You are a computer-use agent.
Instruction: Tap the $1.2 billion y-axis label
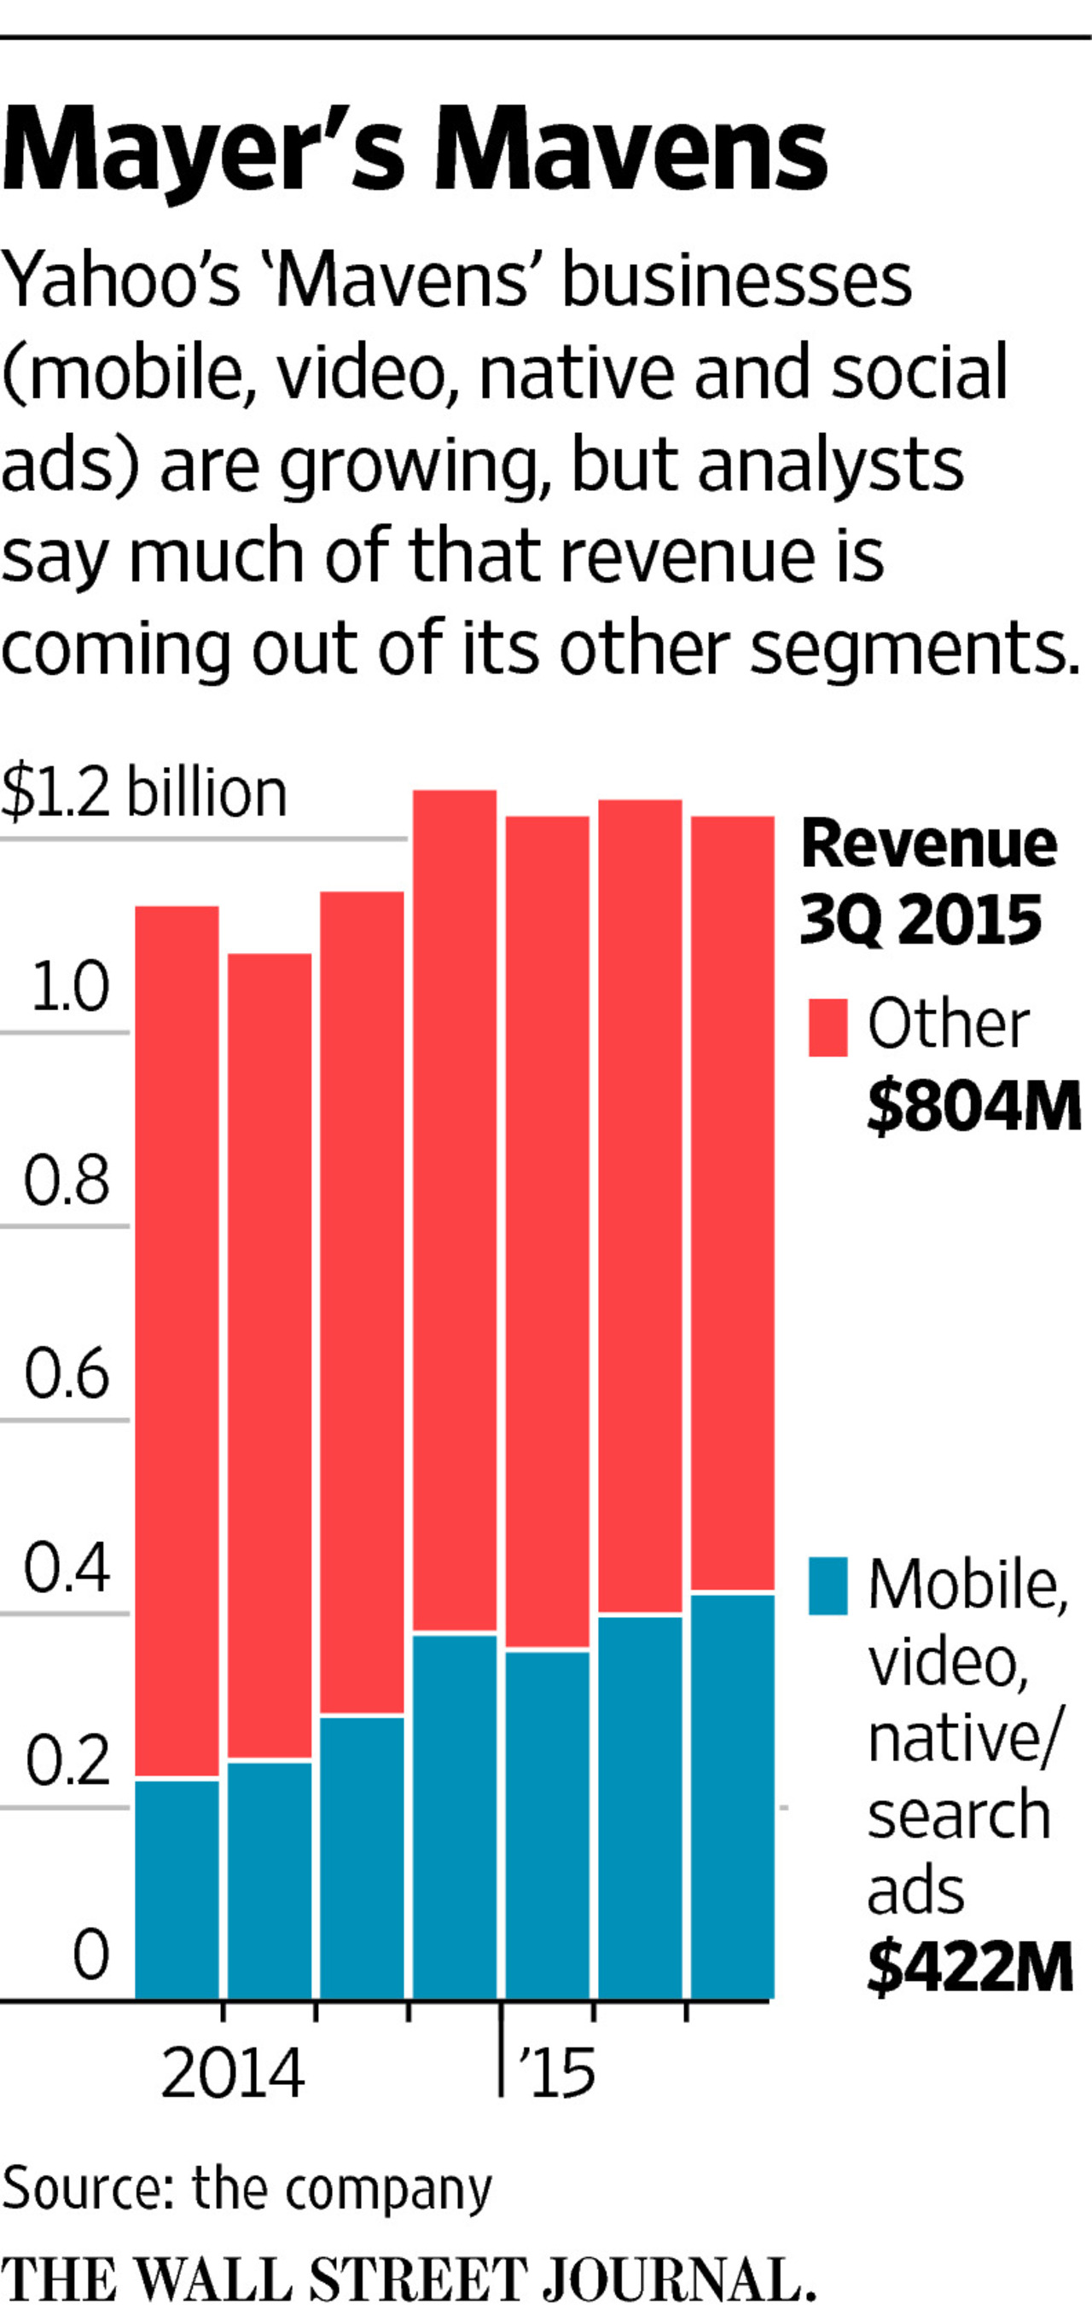[x=144, y=793]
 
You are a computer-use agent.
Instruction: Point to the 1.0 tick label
[x=69, y=986]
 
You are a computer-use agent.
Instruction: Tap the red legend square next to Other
[x=828, y=1027]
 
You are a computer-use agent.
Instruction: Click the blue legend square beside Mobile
[x=828, y=1586]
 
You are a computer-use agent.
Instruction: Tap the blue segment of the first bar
[x=177, y=1888]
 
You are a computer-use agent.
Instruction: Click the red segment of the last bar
[x=732, y=1204]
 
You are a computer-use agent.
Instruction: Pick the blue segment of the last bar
[x=732, y=1798]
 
